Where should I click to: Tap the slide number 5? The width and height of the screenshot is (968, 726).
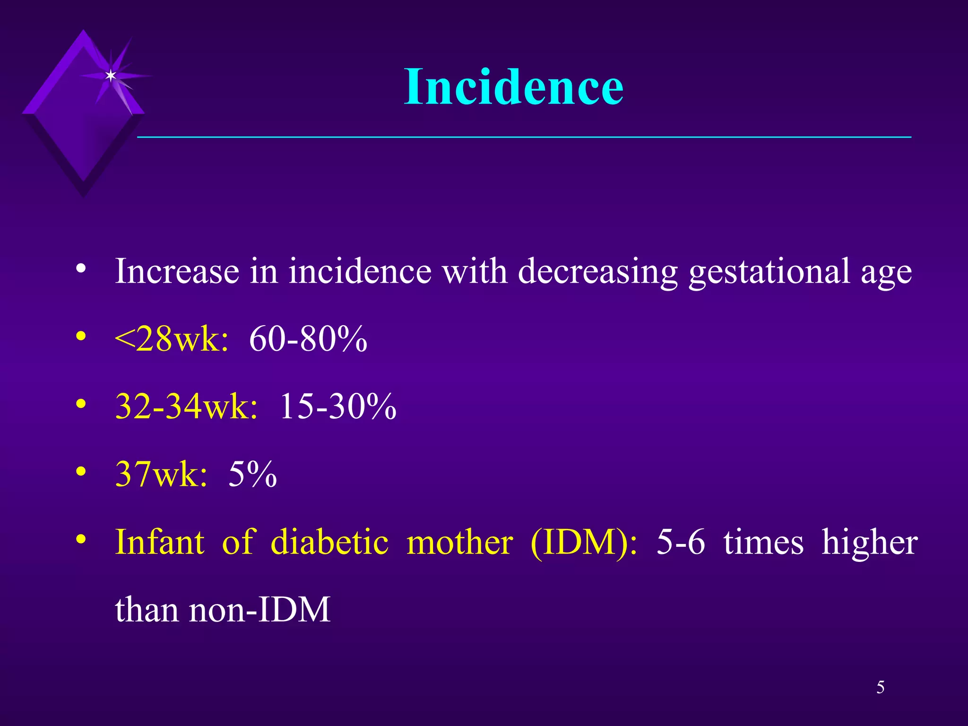pos(880,687)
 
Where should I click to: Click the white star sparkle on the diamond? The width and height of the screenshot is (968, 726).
pos(111,76)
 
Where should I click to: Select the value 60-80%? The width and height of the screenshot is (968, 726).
pos(308,339)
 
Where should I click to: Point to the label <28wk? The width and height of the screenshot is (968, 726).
pos(172,339)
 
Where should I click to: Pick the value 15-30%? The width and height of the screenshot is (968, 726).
pos(337,406)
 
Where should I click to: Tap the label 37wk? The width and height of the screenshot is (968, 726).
pos(161,474)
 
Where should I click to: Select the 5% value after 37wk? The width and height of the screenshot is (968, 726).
pos(252,474)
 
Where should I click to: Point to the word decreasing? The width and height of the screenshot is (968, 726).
pos(598,272)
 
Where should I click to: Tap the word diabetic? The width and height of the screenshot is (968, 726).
pos(329,542)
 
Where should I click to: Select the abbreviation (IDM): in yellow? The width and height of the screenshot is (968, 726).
pos(584,542)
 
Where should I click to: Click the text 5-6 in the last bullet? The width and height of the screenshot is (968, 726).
pos(681,542)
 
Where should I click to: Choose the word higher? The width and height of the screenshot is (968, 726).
pos(870,542)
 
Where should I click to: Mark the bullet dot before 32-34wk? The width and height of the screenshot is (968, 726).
pos(81,404)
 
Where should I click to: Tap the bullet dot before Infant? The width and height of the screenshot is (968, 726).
pos(81,539)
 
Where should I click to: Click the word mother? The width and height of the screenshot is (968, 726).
pos(459,542)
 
